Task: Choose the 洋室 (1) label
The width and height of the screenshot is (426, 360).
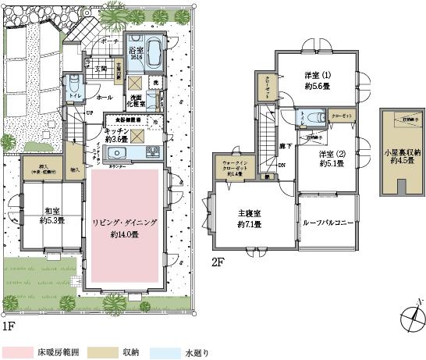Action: click(x=317, y=80)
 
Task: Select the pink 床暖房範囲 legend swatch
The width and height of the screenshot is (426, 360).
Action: click(x=17, y=352)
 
